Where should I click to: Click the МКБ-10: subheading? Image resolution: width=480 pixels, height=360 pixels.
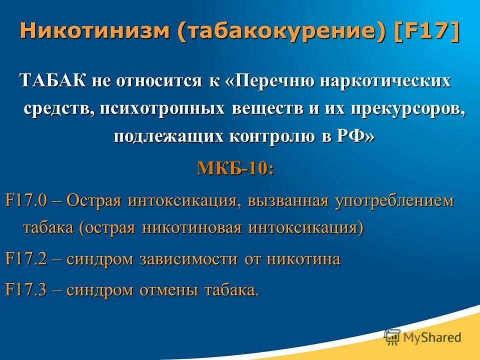tap(235, 168)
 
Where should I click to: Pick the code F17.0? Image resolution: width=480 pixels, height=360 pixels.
tap(25, 201)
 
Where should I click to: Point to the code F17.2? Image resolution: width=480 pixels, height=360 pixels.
tap(25, 259)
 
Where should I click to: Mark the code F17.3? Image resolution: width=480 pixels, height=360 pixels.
tap(25, 290)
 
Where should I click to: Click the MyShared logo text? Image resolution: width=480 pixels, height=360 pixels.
tap(432, 337)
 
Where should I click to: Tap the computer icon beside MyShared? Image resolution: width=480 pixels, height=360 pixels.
tap(392, 337)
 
